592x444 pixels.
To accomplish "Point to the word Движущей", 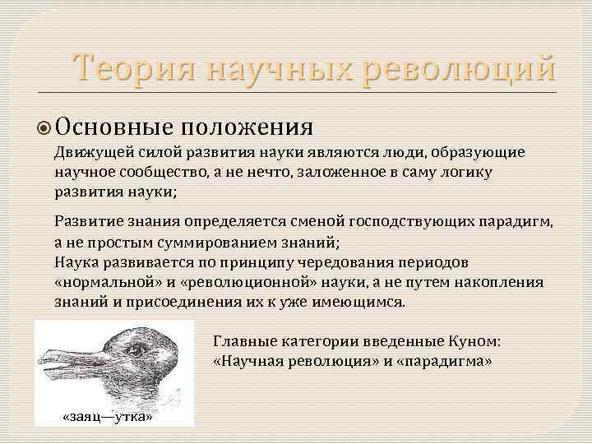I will coord(85,153).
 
